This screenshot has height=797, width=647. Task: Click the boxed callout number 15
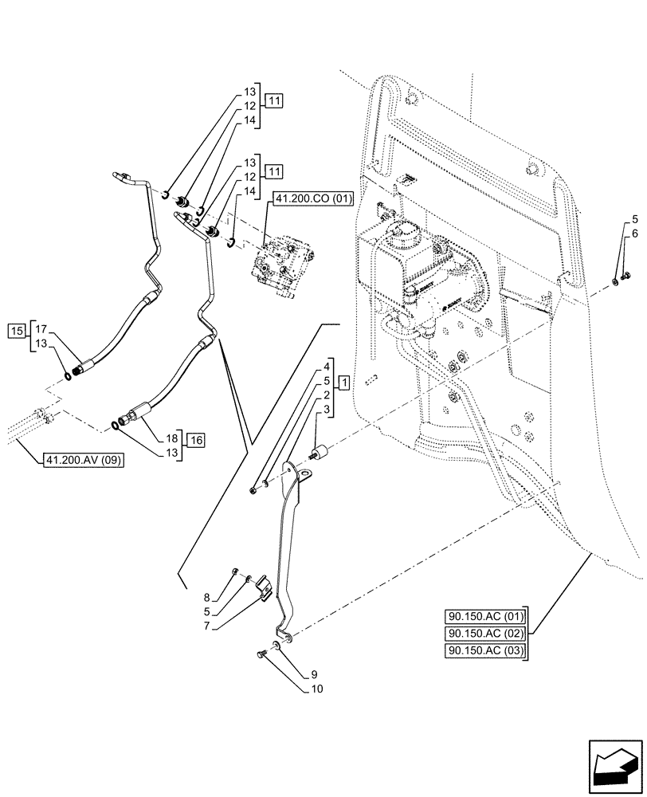click(x=17, y=329)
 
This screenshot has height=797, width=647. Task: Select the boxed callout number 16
click(x=197, y=439)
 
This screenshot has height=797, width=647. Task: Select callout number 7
click(x=207, y=626)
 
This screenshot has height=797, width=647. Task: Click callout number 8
click(x=207, y=597)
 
